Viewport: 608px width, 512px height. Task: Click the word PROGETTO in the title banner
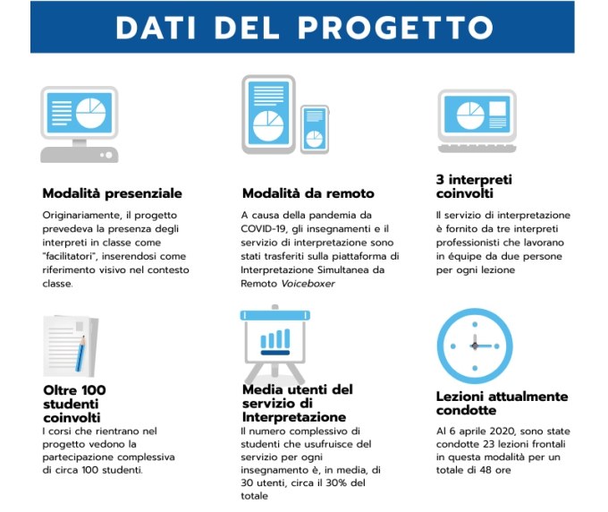click(x=395, y=28)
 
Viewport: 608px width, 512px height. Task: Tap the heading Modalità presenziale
click(x=112, y=193)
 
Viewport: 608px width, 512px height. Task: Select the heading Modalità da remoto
click(x=308, y=193)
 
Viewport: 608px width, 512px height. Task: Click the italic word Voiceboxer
click(x=308, y=284)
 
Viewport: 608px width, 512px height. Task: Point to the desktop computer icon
click(x=79, y=124)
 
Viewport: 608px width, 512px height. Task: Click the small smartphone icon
click(x=315, y=129)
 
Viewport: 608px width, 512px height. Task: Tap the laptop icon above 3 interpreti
click(x=477, y=121)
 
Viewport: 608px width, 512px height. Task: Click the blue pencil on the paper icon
click(x=81, y=354)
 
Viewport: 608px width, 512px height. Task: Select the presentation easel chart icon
click(x=274, y=344)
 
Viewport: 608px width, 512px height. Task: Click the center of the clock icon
click(x=475, y=346)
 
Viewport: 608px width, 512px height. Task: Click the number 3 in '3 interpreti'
click(x=440, y=180)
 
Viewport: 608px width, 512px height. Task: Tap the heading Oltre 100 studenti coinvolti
click(x=74, y=404)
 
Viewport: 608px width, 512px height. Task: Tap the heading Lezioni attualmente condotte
click(x=502, y=404)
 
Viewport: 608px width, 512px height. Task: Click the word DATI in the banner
click(x=156, y=28)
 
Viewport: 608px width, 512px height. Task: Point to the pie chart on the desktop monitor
click(x=90, y=114)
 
